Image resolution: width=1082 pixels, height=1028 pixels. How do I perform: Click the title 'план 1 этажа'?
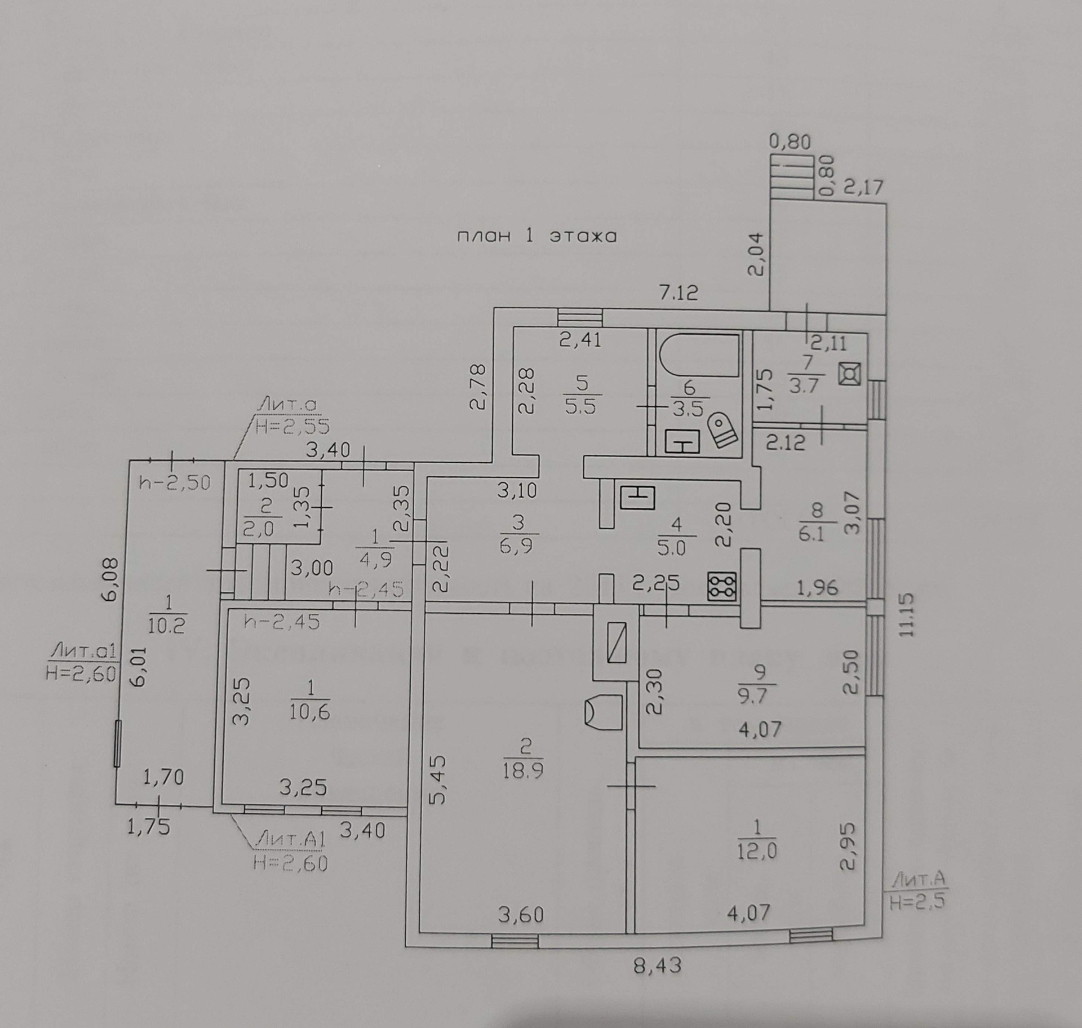pos(536,235)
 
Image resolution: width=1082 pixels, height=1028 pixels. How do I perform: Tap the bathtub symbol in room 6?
pos(699,355)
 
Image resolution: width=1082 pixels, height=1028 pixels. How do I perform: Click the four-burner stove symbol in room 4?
pos(722,586)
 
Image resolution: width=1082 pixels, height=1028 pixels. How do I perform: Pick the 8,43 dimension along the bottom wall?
pos(657,966)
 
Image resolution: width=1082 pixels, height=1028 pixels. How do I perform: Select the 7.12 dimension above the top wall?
pos(679,293)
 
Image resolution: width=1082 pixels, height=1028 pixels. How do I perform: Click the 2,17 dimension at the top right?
pos(863,187)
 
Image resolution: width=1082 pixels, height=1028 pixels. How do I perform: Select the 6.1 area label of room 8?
pos(812,533)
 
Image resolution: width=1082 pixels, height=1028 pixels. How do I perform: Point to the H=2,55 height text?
pos(292,427)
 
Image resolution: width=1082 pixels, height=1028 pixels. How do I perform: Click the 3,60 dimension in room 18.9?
pos(521,915)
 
